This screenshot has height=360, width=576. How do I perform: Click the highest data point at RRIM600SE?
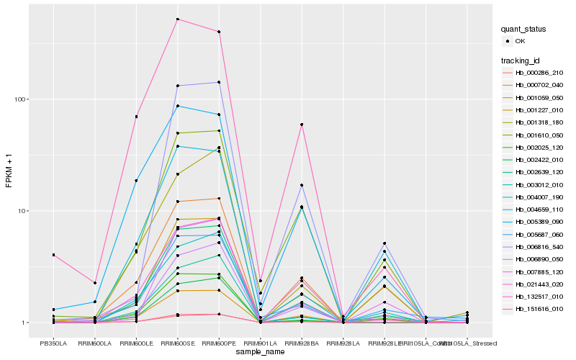click(x=177, y=19)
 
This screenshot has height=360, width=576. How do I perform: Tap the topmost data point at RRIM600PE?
click(x=219, y=32)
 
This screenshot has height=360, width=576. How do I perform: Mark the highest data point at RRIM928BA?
click(x=302, y=125)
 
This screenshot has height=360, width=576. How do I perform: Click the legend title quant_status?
click(x=524, y=30)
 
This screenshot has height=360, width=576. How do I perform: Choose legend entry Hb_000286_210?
click(x=539, y=73)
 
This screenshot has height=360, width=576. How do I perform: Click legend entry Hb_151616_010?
click(x=539, y=308)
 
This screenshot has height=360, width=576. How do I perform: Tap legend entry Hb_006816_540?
click(x=539, y=246)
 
